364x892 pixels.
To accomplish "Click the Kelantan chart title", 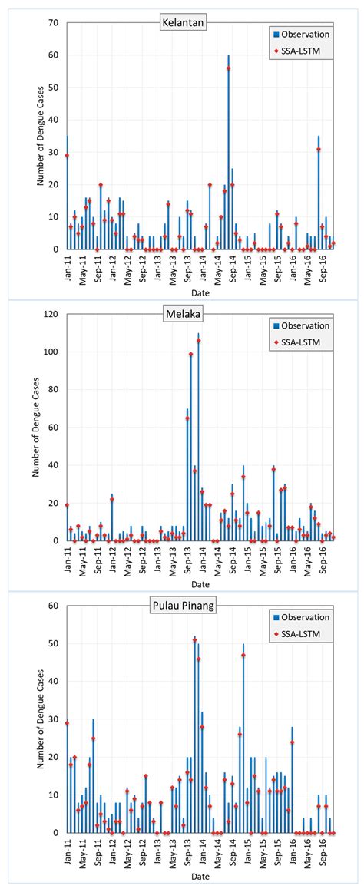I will tap(182, 22).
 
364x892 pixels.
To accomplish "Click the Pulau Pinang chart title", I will tap(182, 606).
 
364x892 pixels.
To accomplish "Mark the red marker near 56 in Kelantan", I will tap(228, 68).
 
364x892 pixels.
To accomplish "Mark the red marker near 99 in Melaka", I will tap(190, 355).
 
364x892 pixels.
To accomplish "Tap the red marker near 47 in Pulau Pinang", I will tap(243, 656).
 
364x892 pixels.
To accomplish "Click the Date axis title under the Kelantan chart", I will tap(200, 292).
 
